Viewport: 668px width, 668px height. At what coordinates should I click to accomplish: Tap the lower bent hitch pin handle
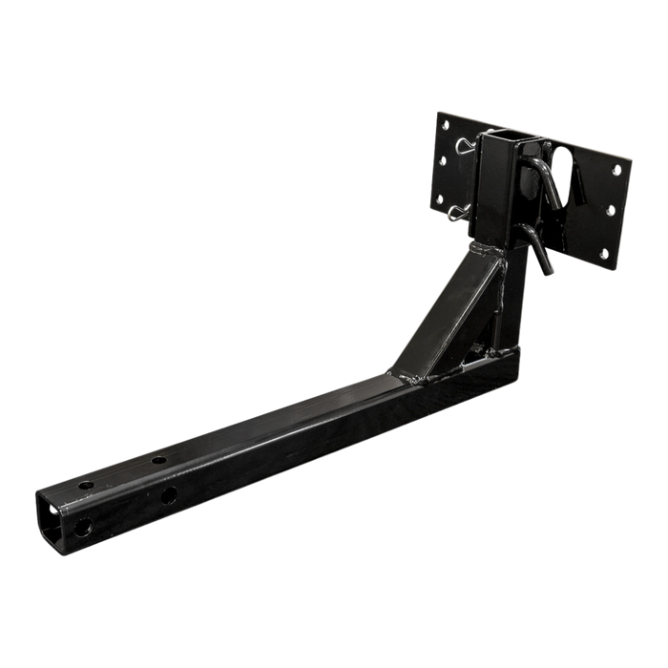click(x=542, y=258)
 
